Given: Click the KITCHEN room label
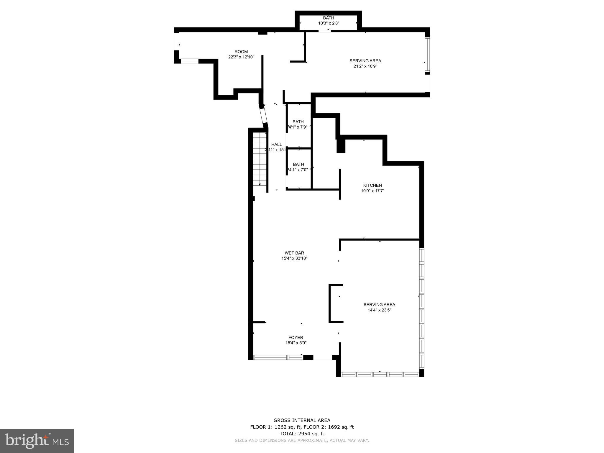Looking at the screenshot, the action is [x=372, y=185].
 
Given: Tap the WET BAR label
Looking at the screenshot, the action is [x=294, y=253].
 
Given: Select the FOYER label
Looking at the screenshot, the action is [x=296, y=337].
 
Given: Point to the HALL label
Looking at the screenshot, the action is [x=277, y=144].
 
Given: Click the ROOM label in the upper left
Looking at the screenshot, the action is [x=241, y=52].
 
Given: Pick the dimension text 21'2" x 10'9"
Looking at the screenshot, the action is [x=365, y=66].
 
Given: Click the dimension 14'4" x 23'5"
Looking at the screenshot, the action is [x=379, y=310].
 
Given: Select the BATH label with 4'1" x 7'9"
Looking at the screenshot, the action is [x=298, y=122].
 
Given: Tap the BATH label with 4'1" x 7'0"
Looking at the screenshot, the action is [x=298, y=164].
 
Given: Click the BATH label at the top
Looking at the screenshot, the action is [x=329, y=18].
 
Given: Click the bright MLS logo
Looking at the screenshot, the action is [x=37, y=441].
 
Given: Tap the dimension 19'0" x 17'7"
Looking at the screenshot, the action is [x=372, y=191].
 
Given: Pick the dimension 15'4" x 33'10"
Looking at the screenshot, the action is [x=294, y=258].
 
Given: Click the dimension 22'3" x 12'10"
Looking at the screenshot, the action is [x=241, y=57].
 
